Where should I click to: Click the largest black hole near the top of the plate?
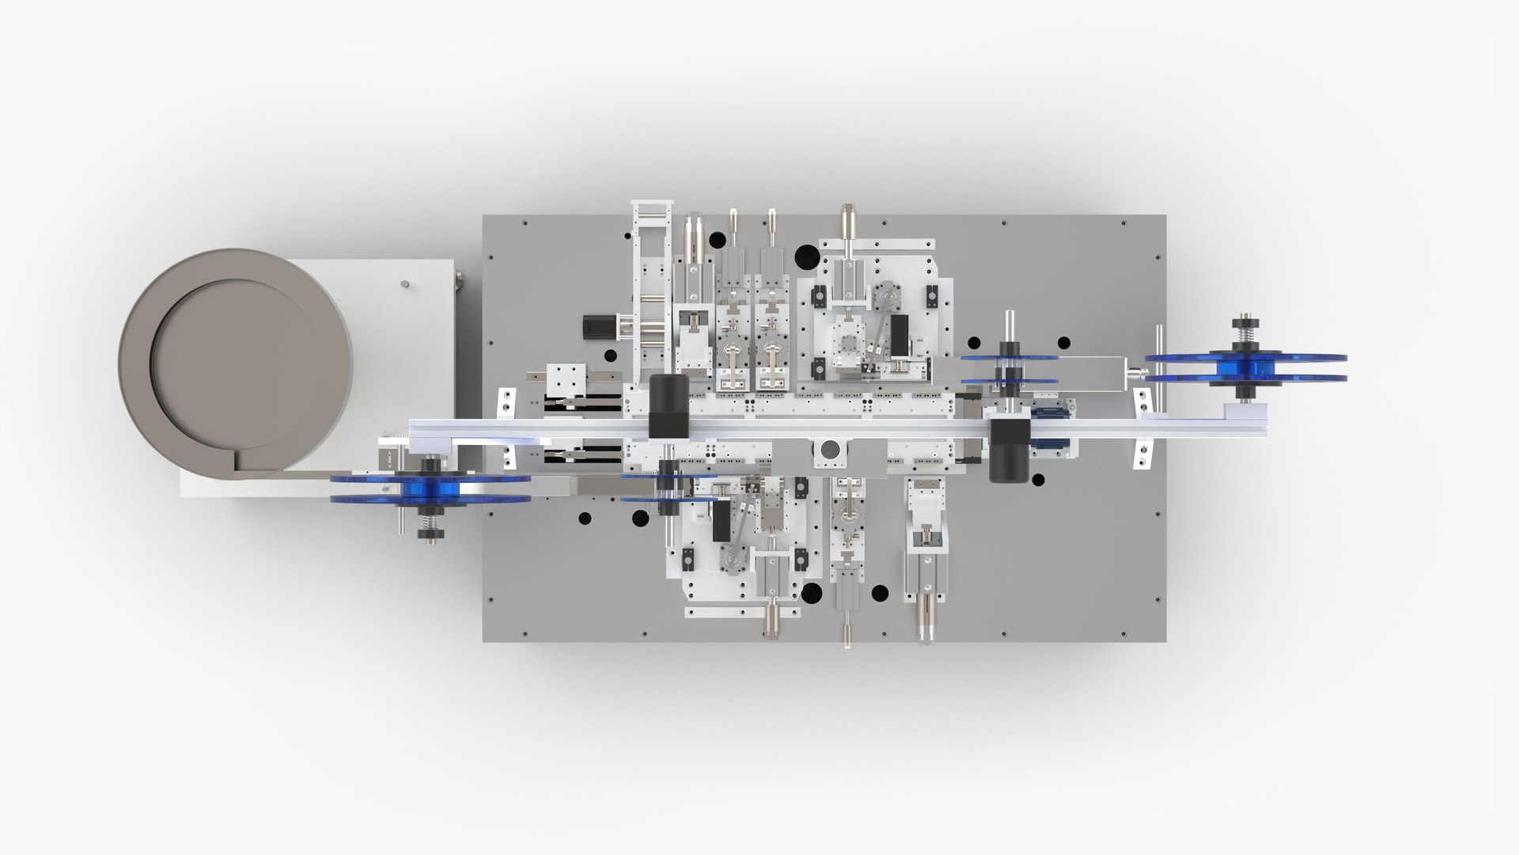click(806, 256)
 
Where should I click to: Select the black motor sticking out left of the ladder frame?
click(595, 325)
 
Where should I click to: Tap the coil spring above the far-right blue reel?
click(1245, 336)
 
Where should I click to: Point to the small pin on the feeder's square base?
click(405, 283)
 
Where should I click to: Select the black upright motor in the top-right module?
click(899, 336)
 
